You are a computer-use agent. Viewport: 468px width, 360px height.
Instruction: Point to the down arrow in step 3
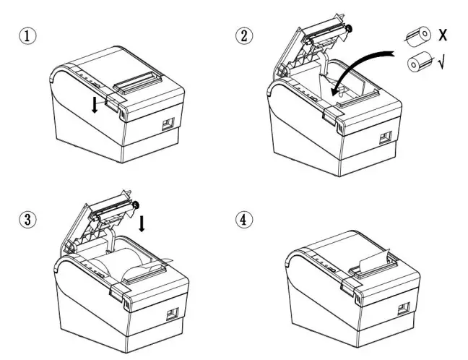142,222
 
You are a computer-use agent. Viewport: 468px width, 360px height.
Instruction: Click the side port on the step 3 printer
173,314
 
